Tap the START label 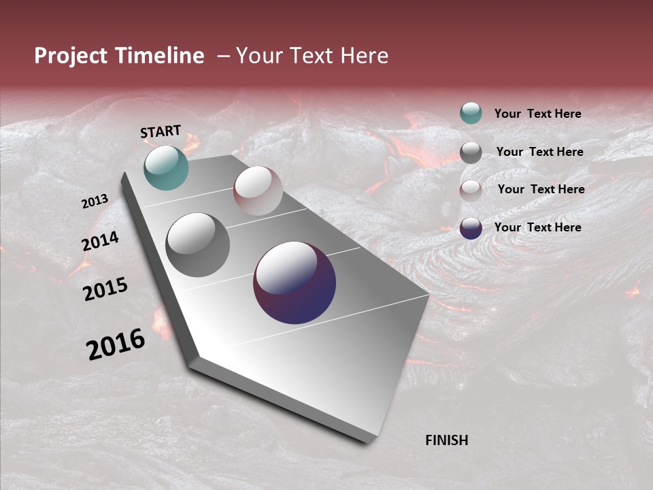tap(161, 131)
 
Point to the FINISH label tap(447, 440)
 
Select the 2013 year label tap(95, 201)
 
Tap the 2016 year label tap(116, 344)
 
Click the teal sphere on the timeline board tap(166, 167)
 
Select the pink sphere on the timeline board tap(258, 191)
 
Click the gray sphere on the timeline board tap(198, 245)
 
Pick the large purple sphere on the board tap(295, 282)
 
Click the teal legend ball tap(471, 113)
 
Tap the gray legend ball tap(471, 152)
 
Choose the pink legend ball tap(471, 190)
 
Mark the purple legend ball tap(471, 228)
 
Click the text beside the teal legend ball tap(537, 114)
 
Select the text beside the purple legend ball tap(537, 227)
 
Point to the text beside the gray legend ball tap(539, 152)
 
